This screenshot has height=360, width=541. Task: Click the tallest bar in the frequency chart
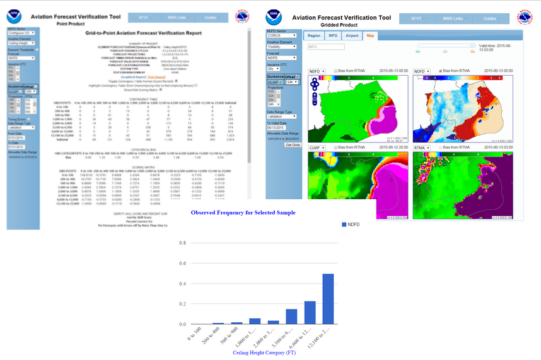[329, 299]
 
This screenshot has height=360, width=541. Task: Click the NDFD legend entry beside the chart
[352, 224]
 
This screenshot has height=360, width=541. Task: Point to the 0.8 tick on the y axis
[182, 243]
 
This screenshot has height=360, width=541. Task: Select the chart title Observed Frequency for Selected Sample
[243, 212]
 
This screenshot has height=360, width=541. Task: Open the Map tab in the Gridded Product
[370, 36]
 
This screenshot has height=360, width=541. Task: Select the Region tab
[313, 36]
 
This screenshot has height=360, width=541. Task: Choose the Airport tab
[352, 36]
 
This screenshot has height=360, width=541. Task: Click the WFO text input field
[325, 47]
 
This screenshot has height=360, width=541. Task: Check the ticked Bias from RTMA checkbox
[439, 71]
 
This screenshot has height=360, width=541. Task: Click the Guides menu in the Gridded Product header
[489, 19]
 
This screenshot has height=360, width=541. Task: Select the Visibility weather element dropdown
[281, 46]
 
